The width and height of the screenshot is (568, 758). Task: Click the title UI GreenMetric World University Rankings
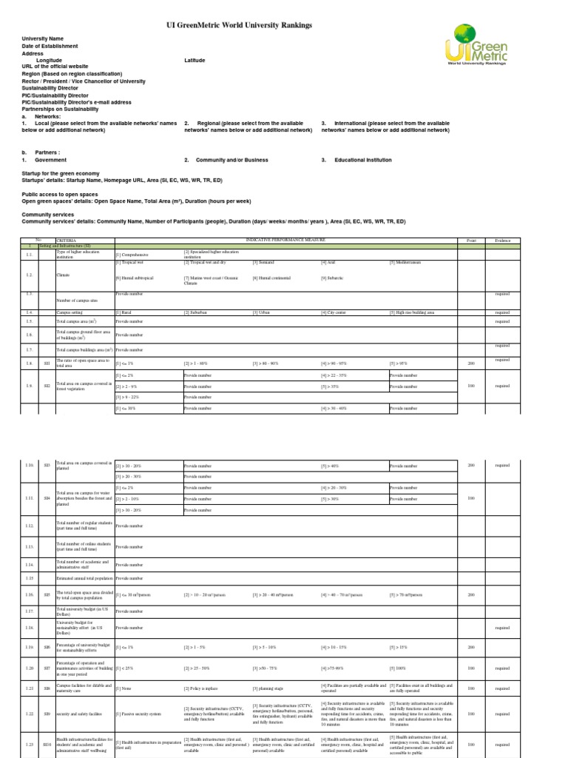point(240,25)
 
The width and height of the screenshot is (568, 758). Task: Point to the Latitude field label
point(195,61)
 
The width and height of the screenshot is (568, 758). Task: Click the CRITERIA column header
point(67,240)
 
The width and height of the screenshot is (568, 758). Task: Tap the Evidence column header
point(503,240)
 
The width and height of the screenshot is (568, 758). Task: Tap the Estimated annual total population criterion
point(84,577)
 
